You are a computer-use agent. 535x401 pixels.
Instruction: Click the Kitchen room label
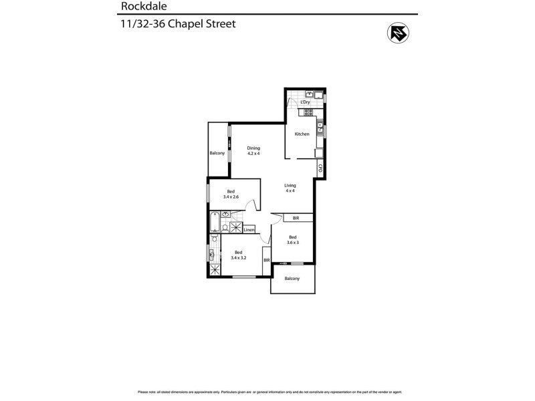tap(302, 134)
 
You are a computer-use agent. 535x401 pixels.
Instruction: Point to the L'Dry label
tap(306, 102)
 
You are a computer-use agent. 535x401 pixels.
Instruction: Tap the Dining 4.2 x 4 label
tap(253, 150)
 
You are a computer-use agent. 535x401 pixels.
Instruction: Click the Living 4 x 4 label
tap(290, 188)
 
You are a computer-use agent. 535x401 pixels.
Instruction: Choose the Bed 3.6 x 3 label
tap(293, 241)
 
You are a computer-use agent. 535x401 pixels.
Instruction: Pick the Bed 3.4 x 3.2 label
tap(238, 255)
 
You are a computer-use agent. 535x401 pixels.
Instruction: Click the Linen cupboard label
tap(249, 230)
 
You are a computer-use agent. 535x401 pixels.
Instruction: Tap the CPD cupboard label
tap(320, 168)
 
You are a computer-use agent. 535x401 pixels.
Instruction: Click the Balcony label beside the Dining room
tap(217, 154)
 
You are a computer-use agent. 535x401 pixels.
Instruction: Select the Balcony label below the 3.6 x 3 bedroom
tap(292, 279)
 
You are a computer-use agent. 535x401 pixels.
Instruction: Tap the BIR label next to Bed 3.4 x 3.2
tap(266, 260)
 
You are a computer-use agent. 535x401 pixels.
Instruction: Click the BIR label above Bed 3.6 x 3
tap(296, 218)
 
